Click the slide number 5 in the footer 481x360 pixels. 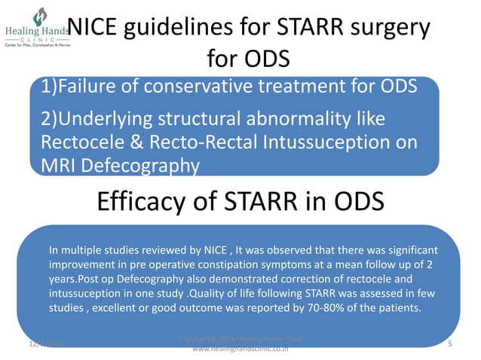coord(449,344)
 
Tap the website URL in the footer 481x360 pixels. coord(240,350)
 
